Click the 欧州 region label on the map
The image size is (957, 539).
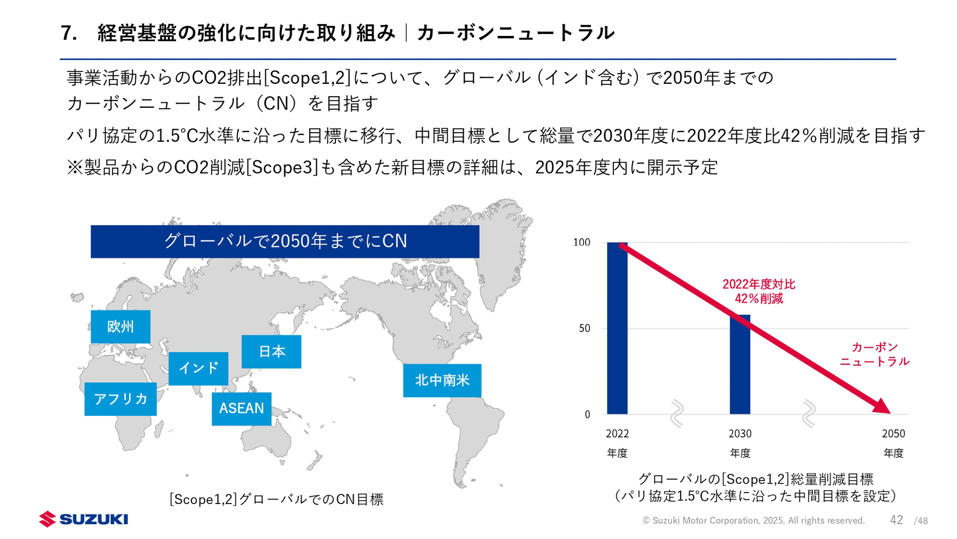pyautogui.click(x=120, y=327)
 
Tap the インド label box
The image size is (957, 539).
pyautogui.click(x=198, y=368)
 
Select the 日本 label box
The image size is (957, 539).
pyautogui.click(x=271, y=352)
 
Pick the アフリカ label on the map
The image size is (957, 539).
pyautogui.click(x=121, y=399)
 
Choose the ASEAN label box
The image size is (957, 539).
pyautogui.click(x=241, y=408)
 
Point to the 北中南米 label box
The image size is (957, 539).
pyautogui.click(x=442, y=380)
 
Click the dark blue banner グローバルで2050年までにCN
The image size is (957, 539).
pyautogui.click(x=285, y=241)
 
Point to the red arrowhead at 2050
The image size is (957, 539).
pyautogui.click(x=882, y=406)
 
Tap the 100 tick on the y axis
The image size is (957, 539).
pyautogui.click(x=581, y=243)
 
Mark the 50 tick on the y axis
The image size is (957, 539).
pyautogui.click(x=584, y=328)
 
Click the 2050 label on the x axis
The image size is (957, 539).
pyautogui.click(x=893, y=434)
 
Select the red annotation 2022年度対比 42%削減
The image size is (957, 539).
pyautogui.click(x=759, y=291)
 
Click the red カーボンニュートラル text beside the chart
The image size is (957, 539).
pyautogui.click(x=874, y=354)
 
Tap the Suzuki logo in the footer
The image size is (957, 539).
pyautogui.click(x=84, y=519)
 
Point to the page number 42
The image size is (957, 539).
pyautogui.click(x=896, y=520)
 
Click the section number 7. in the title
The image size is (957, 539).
pyautogui.click(x=69, y=33)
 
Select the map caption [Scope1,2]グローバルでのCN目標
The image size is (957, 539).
pyautogui.click(x=276, y=499)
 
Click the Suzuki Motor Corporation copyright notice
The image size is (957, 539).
pyautogui.click(x=753, y=521)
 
